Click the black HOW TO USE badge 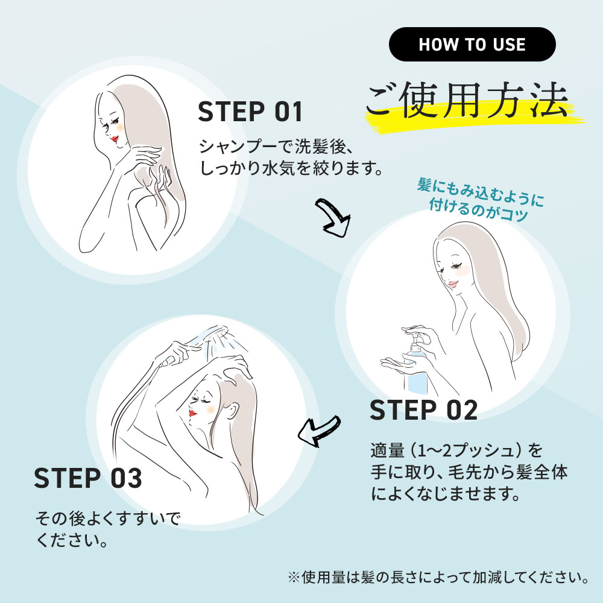[472, 44]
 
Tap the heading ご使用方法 [467, 100]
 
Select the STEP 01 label [250, 112]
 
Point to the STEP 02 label [423, 409]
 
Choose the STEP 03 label [88, 478]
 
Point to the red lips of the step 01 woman [114, 138]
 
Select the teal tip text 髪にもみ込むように [481, 192]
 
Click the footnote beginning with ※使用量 [438, 577]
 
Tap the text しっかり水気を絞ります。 [291, 168]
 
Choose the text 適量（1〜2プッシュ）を [456, 450]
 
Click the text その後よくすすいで [108, 519]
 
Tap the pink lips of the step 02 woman [453, 285]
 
